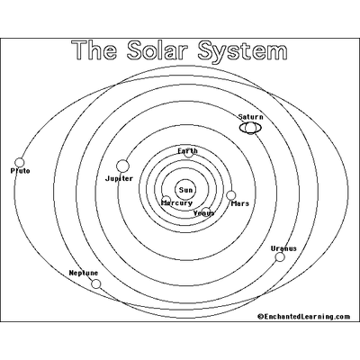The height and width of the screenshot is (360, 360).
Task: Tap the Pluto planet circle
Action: point(20,163)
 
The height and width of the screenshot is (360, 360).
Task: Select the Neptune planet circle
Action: point(96,283)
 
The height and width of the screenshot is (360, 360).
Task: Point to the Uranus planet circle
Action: point(280,257)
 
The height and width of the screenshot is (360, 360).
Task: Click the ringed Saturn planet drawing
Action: point(250,128)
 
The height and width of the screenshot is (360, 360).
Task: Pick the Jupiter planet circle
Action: point(122,166)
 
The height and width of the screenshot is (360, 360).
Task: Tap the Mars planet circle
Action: point(231,195)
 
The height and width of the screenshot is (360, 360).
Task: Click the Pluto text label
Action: point(21,171)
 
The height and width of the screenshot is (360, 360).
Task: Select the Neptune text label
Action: point(84,273)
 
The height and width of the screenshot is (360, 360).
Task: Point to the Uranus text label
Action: point(283,248)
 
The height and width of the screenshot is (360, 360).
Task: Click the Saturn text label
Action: point(251,117)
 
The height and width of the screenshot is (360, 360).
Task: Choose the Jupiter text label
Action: point(119,179)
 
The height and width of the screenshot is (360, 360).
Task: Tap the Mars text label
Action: point(240,203)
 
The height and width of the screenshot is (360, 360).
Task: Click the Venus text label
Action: point(204,213)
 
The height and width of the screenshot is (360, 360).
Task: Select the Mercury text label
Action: point(177,203)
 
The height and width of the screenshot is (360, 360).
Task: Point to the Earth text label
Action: point(187,151)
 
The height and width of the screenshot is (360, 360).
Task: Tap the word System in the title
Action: point(243,52)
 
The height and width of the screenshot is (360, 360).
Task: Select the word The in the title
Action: point(95,50)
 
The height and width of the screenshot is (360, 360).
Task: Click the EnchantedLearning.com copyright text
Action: point(303,317)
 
